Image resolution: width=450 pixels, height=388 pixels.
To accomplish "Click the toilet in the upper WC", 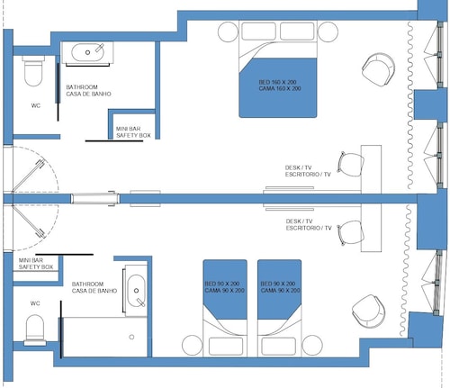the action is tap(33, 70).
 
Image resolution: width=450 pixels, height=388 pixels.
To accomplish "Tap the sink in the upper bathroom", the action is tap(87, 52).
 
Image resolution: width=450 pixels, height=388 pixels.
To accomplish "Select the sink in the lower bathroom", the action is tap(136, 291).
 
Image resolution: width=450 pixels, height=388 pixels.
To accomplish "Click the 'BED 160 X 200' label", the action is tap(278, 82).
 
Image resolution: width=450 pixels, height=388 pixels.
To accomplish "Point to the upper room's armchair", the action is tap(378, 69).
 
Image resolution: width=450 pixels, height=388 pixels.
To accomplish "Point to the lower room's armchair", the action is tap(368, 311).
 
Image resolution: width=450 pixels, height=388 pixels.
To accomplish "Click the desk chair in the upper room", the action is tap(351, 164).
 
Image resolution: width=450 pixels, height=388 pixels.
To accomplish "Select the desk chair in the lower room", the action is tap(350, 233).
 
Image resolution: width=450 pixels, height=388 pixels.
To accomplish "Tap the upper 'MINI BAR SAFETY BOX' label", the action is tap(133, 132).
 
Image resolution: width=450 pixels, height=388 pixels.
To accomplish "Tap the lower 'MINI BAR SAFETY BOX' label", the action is tap(36, 264).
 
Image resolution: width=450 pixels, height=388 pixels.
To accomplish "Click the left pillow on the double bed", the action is tap(258, 32).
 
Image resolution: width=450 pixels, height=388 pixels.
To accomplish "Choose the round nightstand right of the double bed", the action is tap(328, 32).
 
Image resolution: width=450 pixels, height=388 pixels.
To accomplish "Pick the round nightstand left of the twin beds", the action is tap(193, 345).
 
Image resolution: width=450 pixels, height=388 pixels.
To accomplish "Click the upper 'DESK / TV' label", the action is tap(298, 167).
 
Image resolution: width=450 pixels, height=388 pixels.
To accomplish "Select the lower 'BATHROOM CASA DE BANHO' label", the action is tap(94, 287).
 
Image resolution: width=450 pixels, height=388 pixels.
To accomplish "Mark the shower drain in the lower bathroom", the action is tap(131, 337).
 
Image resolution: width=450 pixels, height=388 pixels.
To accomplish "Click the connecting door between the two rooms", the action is tap(94, 198).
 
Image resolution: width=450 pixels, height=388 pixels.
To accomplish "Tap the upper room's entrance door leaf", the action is tap(29, 176).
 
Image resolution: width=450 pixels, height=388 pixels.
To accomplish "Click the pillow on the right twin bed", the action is tap(278, 347).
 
